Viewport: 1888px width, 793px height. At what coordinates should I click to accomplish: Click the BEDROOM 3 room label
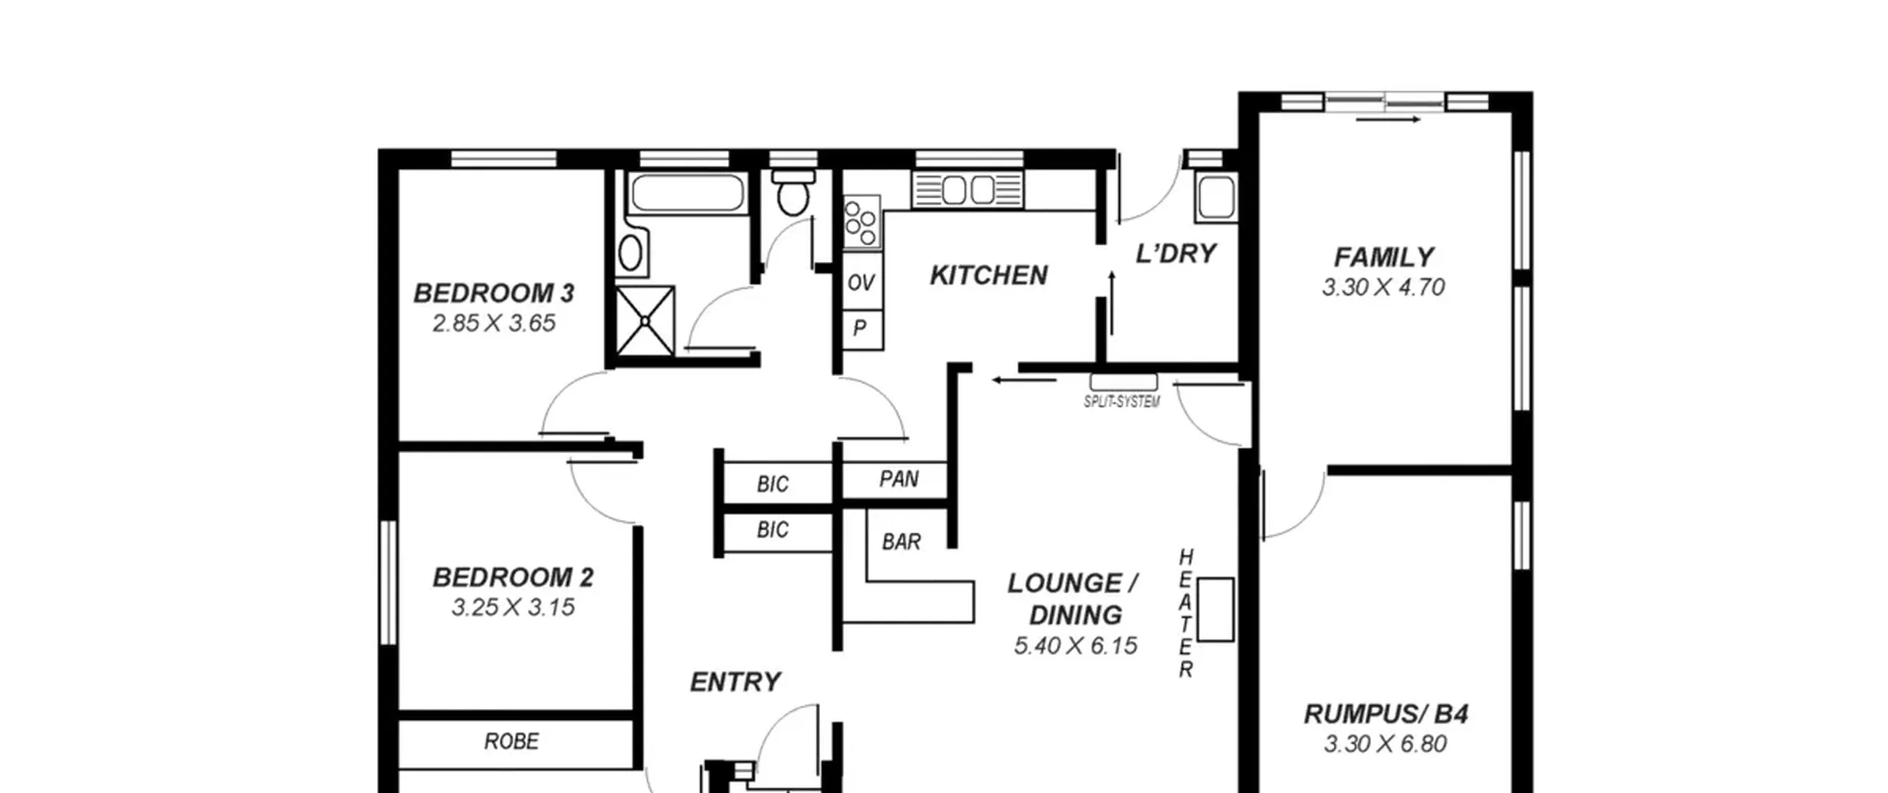click(x=493, y=293)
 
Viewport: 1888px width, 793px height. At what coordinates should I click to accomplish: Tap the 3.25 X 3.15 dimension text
click(x=513, y=607)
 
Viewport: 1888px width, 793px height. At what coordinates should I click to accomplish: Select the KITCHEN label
click(x=988, y=275)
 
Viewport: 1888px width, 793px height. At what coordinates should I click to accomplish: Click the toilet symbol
click(x=794, y=193)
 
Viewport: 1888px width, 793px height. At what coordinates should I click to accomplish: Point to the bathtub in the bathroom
click(x=687, y=192)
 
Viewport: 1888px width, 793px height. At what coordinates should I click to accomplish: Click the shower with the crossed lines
click(x=645, y=321)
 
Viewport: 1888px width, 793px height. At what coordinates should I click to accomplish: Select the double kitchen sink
click(x=968, y=190)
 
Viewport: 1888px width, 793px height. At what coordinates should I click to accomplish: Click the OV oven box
click(x=861, y=282)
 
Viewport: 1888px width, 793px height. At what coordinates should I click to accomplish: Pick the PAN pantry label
click(x=899, y=479)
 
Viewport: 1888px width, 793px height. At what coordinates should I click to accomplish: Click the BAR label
click(x=901, y=542)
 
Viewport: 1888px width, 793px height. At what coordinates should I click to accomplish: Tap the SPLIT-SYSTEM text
click(x=1122, y=401)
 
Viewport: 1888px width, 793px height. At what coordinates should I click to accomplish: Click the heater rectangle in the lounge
click(x=1215, y=609)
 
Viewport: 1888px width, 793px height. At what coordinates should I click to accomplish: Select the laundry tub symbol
click(x=1216, y=198)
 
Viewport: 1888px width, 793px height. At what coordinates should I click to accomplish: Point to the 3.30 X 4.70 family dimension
click(x=1383, y=287)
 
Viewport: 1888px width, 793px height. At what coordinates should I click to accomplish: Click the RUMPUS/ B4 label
click(x=1386, y=714)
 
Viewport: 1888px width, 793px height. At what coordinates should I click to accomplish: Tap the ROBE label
click(x=511, y=741)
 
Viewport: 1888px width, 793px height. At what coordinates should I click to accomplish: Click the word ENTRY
click(x=735, y=682)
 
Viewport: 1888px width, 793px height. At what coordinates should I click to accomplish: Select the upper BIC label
click(x=772, y=485)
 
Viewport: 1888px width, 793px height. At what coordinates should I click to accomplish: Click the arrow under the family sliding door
click(x=1388, y=120)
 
